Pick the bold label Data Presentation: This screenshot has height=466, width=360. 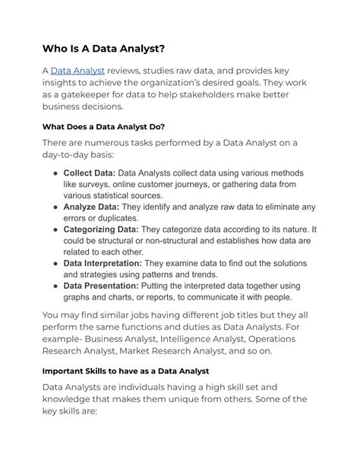pyautogui.click(x=101, y=286)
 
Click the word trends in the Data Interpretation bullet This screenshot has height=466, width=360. pyautogui.click(x=200, y=274)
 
